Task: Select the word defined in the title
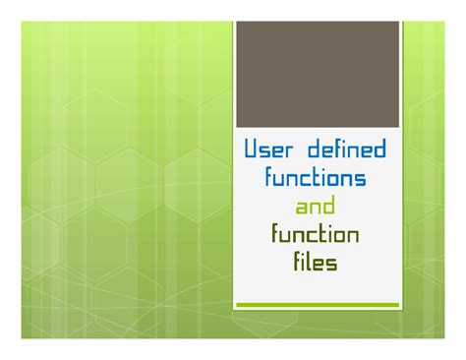click(x=346, y=150)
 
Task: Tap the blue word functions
click(x=316, y=179)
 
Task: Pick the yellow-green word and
click(x=316, y=207)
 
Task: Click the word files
click(x=316, y=263)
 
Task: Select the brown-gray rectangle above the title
click(x=317, y=74)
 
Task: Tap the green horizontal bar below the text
click(x=317, y=305)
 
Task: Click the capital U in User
click(x=252, y=150)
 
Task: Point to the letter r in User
click(x=293, y=152)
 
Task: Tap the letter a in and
click(x=302, y=209)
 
